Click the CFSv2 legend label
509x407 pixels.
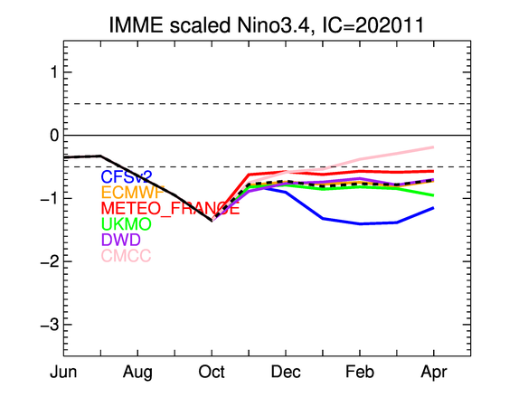[127, 177]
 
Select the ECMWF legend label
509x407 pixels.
[132, 193]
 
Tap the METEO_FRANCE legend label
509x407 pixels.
[171, 208]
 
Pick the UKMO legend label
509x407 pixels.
[127, 223]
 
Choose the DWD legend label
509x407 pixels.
[121, 240]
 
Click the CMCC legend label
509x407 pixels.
[126, 255]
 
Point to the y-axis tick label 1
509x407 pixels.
[54, 72]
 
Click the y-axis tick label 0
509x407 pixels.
[54, 135]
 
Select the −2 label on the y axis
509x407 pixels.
[50, 261]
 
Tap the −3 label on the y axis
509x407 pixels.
[50, 325]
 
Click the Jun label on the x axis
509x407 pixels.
[63, 372]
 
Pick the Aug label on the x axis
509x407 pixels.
[137, 373]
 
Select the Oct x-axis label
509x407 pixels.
[212, 372]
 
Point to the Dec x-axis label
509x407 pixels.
[286, 372]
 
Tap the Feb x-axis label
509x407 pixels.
[360, 372]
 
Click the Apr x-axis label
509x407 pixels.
[434, 373]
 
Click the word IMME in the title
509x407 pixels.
[136, 24]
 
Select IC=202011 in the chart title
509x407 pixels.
[372, 24]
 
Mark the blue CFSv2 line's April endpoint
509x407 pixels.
[434, 208]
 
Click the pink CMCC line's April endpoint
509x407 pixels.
[434, 147]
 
